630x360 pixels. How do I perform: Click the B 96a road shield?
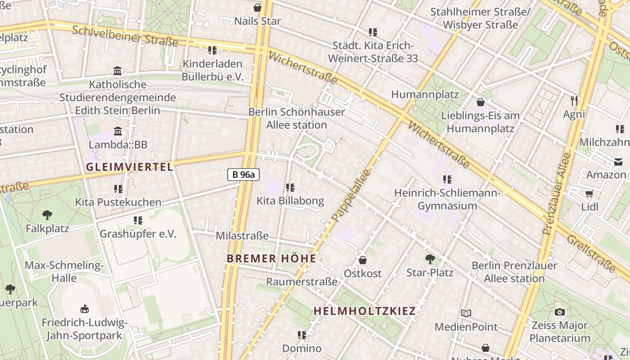click(243, 175)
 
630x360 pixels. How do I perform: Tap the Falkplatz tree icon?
click(47, 215)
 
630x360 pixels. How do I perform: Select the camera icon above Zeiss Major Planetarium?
click(559, 312)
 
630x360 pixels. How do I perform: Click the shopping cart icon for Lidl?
click(589, 193)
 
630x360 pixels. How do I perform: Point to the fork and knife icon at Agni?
click(574, 100)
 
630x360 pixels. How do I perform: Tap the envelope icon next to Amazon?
click(617, 162)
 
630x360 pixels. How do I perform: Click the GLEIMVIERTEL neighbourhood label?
click(129, 167)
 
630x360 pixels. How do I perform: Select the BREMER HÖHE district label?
click(271, 258)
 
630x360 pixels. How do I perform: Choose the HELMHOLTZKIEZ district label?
click(364, 311)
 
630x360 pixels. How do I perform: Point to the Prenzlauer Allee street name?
click(557, 193)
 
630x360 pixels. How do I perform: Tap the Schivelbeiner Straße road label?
click(125, 36)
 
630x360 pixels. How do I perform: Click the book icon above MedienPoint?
click(466, 313)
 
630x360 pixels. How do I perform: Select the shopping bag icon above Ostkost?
click(362, 260)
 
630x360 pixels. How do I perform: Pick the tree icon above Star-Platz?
click(430, 259)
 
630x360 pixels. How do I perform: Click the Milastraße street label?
click(242, 236)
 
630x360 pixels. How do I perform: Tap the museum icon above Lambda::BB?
click(118, 131)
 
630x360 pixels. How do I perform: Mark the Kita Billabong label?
click(290, 201)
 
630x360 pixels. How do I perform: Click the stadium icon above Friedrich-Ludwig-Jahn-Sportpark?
click(84, 309)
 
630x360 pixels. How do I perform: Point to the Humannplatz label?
click(425, 94)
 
